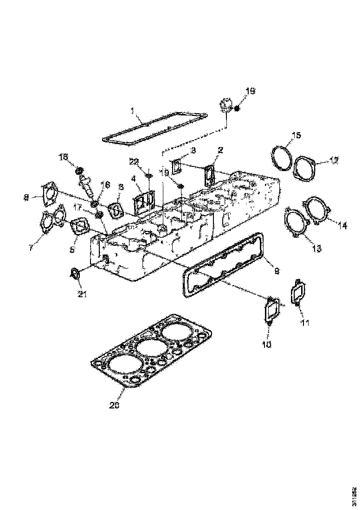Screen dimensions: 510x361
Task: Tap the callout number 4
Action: (133, 178)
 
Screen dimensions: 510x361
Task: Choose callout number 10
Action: (269, 344)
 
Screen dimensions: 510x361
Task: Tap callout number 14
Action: (342, 226)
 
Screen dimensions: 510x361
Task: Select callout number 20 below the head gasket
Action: (115, 405)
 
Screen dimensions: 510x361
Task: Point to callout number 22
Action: (134, 161)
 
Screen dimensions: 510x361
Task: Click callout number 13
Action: (316, 249)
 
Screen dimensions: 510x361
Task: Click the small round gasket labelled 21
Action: (74, 273)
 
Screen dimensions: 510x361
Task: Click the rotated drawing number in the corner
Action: (355, 495)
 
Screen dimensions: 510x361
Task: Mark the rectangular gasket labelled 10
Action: (271, 310)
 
